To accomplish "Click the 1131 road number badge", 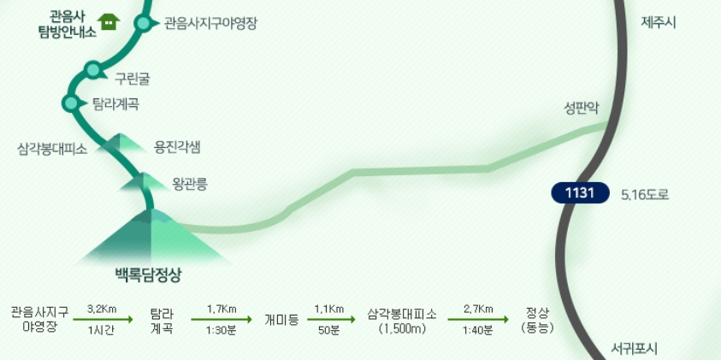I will click(580, 193).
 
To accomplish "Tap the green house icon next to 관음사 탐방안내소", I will click(108, 21).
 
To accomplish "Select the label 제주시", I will click(659, 22).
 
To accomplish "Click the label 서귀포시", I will click(635, 348).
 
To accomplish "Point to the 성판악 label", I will click(582, 108).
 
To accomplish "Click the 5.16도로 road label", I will click(645, 194).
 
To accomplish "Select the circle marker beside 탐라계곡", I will click(70, 103).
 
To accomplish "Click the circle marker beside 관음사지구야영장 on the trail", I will click(143, 23).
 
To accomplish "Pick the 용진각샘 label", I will click(177, 146).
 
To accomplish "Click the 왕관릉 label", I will click(190, 182).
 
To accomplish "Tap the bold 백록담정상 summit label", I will click(150, 274).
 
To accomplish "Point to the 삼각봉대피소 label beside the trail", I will click(53, 148).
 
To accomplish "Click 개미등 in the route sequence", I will click(281, 319).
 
